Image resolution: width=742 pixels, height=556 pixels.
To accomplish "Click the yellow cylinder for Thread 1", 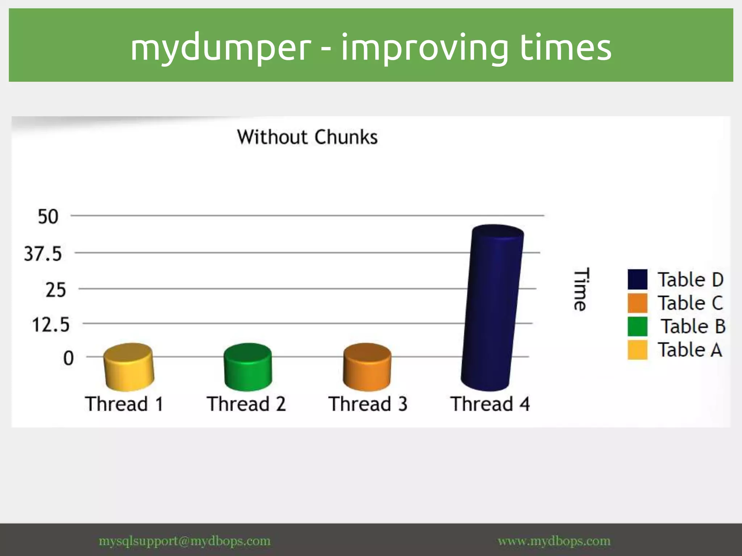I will (x=129, y=367).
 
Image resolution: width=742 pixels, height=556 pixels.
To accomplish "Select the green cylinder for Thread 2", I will (x=248, y=366).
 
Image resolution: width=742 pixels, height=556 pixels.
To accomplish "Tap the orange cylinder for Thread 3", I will (x=367, y=366).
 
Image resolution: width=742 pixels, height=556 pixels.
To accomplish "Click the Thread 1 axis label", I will (x=124, y=404).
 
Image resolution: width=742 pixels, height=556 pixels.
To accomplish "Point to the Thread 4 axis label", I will (x=490, y=404).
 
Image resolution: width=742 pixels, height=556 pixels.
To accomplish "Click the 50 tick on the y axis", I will (x=48, y=217).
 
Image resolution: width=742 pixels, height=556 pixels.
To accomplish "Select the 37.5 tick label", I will (x=43, y=254).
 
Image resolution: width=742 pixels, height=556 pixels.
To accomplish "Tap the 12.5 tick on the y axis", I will (x=50, y=325).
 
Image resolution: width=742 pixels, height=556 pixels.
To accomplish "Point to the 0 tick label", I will (x=68, y=358).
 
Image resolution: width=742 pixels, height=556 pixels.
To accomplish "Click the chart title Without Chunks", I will (x=307, y=137).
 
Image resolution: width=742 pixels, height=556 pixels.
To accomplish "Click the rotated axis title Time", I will (x=581, y=289).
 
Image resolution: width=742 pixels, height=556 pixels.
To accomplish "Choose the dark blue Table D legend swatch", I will (x=637, y=279).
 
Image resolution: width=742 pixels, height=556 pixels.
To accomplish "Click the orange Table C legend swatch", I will (x=637, y=303).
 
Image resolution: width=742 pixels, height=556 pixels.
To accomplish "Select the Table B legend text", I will (x=693, y=326).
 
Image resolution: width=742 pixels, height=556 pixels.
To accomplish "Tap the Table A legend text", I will (x=690, y=350).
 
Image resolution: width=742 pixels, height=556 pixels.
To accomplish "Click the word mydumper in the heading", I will (x=221, y=47).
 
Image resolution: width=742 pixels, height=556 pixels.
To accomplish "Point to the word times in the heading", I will (x=566, y=47).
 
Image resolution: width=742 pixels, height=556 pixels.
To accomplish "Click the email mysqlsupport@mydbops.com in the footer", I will (x=184, y=541).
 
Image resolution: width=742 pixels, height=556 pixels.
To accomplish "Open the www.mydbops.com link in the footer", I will (x=554, y=541).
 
